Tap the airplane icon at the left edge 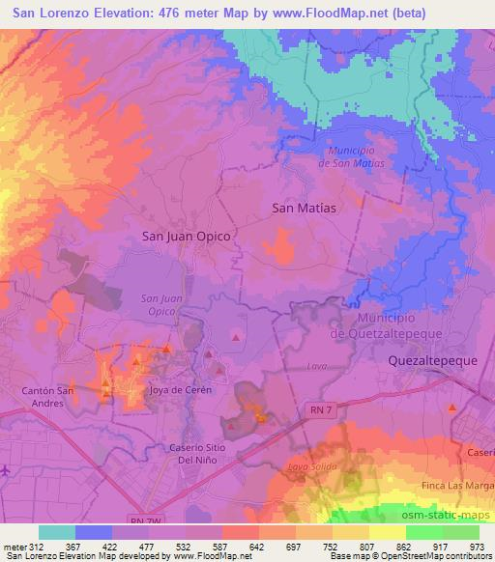(x=6, y=469)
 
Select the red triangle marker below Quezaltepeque (x=451, y=408)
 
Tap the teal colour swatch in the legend (x=57, y=532)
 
